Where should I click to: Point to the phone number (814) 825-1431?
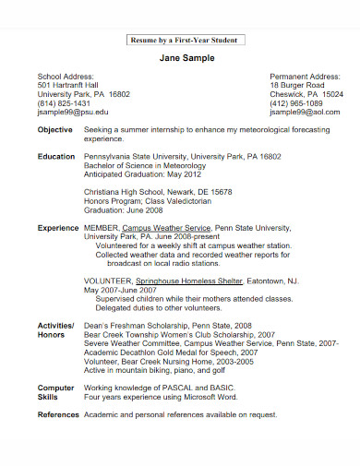[x=64, y=103]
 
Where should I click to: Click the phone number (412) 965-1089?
[x=296, y=103]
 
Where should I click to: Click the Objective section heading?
[x=54, y=131]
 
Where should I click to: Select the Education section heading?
[x=55, y=157]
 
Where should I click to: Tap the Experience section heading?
[x=57, y=227]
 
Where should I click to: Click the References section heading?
[x=57, y=414]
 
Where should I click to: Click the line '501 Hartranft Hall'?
[x=68, y=85]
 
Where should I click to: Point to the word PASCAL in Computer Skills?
[x=184, y=388]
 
